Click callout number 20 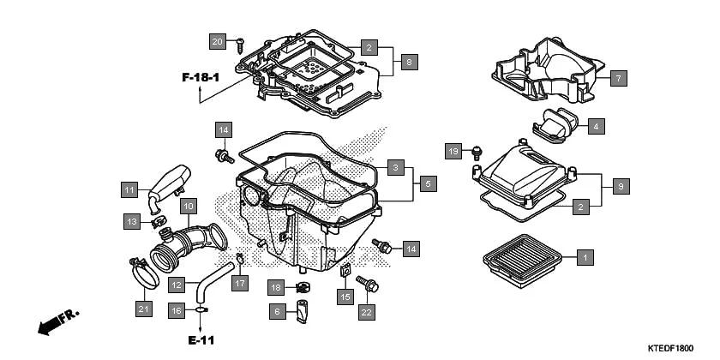click(218, 41)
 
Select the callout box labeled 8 click(410, 62)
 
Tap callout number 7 click(619, 78)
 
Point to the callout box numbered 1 click(585, 256)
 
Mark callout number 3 click(394, 167)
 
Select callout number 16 click(177, 310)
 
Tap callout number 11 click(129, 189)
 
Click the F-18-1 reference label click(201, 78)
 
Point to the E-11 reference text click(201, 340)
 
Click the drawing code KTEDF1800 click(670, 348)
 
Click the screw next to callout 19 click(477, 153)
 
